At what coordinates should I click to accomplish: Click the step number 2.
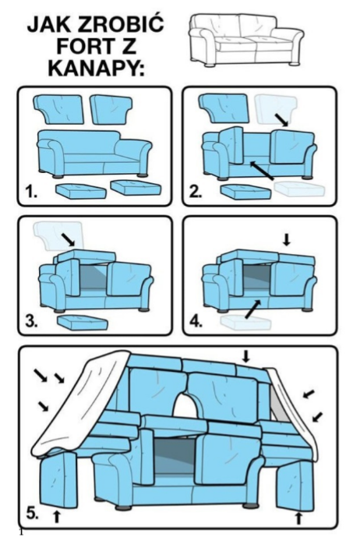[196, 193]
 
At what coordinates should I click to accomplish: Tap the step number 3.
[31, 322]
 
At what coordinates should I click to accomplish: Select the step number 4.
[196, 322]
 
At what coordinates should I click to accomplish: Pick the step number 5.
[32, 514]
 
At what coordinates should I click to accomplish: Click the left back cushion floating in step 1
[58, 109]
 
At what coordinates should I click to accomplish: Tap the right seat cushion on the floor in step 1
[136, 187]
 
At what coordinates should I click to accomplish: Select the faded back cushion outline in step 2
[276, 109]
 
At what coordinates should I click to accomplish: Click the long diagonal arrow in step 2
[262, 170]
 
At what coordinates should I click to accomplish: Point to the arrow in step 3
[68, 240]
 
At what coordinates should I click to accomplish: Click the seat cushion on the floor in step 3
[82, 323]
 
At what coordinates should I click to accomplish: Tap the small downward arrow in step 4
[287, 239]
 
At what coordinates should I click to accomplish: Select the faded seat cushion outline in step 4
[245, 323]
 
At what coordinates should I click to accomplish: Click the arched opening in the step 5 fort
[185, 405]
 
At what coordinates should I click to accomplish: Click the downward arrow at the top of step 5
[246, 356]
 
